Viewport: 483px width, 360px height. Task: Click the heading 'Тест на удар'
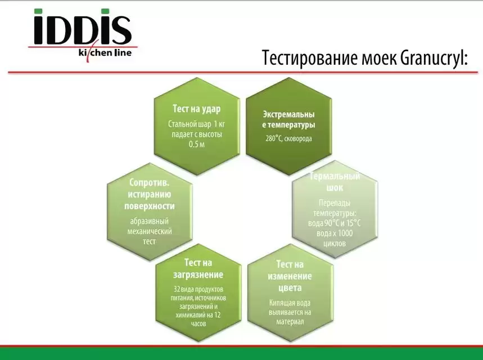click(196, 109)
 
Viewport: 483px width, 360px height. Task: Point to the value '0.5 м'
click(196, 145)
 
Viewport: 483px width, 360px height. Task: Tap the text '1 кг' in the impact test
click(220, 124)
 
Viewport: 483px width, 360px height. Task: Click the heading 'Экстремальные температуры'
click(288, 119)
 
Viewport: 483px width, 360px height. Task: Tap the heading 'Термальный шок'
click(335, 182)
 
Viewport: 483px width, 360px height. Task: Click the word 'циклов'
click(335, 244)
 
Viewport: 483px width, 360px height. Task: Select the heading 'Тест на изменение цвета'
click(290, 276)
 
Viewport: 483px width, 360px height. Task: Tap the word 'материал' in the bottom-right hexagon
click(290, 321)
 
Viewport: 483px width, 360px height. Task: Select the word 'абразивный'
click(149, 221)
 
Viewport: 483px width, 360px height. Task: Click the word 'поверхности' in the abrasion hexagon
click(149, 205)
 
